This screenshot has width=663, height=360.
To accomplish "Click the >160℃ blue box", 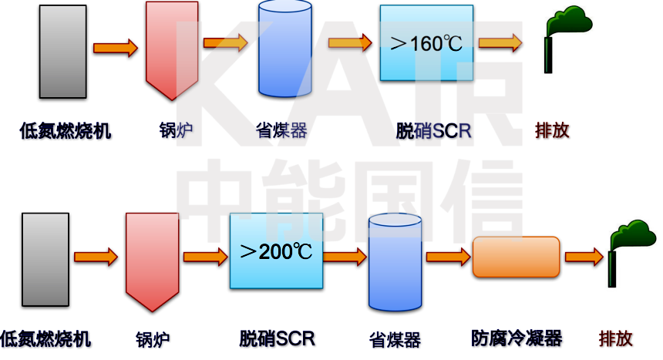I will (426, 43).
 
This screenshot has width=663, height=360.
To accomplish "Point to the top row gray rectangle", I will (62, 51).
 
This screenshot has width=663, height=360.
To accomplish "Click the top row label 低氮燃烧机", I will (66, 130).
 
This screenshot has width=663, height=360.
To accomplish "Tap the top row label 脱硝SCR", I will (432, 130).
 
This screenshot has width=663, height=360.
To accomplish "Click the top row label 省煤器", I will (281, 130).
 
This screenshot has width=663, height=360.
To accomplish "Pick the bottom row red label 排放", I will (616, 338).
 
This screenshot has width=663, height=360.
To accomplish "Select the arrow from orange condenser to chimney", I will (584, 257).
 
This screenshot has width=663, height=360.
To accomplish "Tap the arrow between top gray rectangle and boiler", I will (115, 48).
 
